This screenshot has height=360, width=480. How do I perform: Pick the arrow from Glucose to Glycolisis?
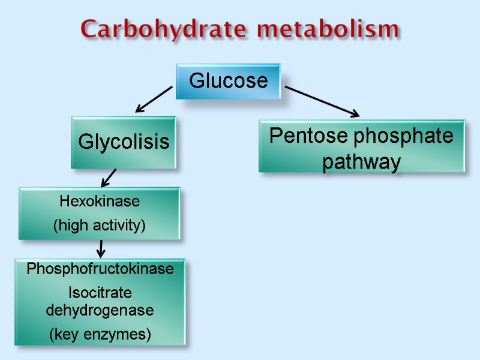[154, 100]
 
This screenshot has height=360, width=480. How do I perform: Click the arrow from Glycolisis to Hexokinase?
[109, 178]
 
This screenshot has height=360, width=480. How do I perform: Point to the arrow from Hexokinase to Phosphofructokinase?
[101, 247]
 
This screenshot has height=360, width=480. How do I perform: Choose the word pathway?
[361, 162]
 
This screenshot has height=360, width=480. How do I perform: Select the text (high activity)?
[100, 226]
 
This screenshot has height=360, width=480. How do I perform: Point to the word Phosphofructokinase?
[100, 269]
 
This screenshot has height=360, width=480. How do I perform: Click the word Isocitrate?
[100, 294]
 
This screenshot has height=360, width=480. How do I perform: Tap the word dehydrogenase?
[100, 311]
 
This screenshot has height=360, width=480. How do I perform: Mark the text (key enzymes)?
[100, 334]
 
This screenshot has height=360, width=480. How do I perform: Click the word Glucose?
[228, 80]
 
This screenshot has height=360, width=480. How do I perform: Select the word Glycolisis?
[124, 143]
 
